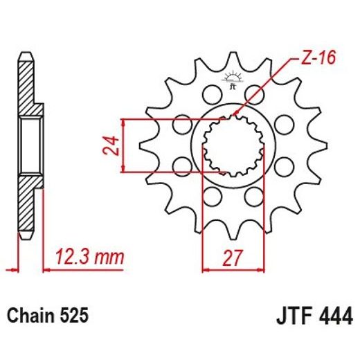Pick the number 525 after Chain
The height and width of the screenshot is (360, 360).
(73, 316)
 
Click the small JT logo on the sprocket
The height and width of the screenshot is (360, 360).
(233, 84)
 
